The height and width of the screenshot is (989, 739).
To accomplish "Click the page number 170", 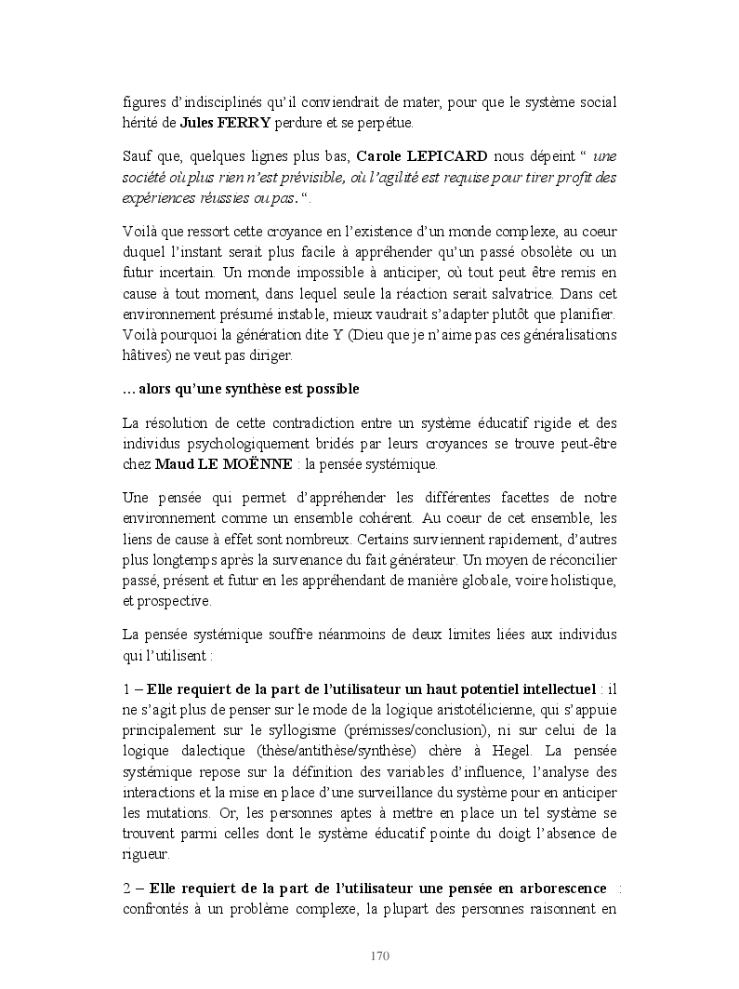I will pyautogui.click(x=379, y=956).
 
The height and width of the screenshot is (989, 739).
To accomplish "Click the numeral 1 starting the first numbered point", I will pyautogui.click(x=127, y=689).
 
